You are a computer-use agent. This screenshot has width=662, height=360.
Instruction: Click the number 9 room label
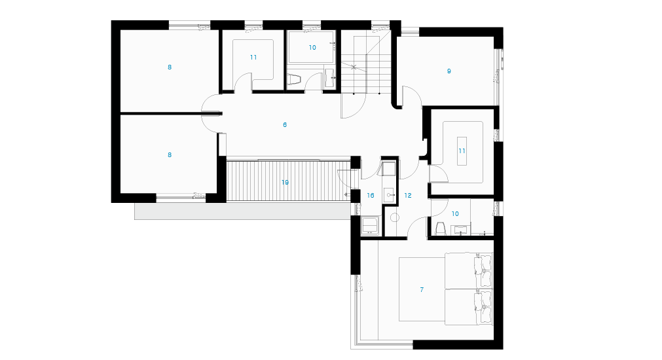(x=449, y=71)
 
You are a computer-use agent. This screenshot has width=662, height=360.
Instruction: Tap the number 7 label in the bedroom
(x=422, y=289)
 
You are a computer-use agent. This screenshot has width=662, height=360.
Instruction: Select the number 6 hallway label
(x=285, y=125)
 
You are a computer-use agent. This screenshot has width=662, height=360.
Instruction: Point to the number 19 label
(x=285, y=183)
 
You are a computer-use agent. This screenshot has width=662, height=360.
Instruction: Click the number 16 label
(x=371, y=196)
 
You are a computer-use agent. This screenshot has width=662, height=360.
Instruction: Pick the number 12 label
(x=408, y=196)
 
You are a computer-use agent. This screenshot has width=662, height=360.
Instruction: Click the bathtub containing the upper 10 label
(x=311, y=47)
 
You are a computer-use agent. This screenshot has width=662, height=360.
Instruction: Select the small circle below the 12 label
(x=395, y=218)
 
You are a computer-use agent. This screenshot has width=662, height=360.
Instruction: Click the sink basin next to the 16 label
(x=390, y=195)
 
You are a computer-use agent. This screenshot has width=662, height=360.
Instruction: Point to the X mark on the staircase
(x=354, y=66)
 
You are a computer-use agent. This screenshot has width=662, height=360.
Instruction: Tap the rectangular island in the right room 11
(x=462, y=151)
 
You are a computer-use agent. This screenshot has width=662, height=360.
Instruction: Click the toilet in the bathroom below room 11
(x=440, y=228)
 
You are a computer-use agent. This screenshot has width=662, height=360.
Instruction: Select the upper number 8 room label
(x=170, y=67)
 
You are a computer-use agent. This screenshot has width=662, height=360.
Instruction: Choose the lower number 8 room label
(x=170, y=155)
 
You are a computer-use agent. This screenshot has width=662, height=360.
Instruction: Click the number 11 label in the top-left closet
(x=253, y=58)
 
